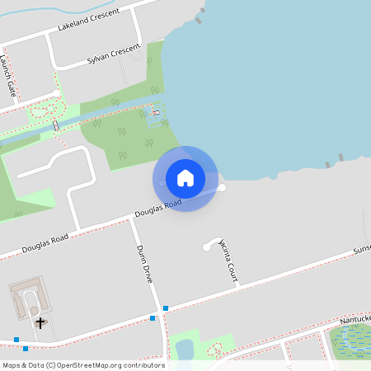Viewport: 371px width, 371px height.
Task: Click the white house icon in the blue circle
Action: click(x=185, y=178)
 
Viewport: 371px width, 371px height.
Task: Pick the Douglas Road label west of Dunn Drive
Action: click(x=45, y=242)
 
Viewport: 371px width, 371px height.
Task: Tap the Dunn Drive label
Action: click(x=143, y=264)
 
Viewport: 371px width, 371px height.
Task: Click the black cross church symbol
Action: click(x=40, y=322)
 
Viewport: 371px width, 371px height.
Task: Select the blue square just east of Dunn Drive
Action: click(x=166, y=308)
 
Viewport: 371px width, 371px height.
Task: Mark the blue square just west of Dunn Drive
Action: click(x=153, y=317)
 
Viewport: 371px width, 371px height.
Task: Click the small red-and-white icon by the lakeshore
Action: click(x=156, y=111)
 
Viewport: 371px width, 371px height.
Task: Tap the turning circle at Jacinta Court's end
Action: click(x=206, y=247)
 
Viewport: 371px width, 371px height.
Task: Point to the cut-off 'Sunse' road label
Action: click(x=363, y=249)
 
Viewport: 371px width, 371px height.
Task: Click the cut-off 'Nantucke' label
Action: click(x=356, y=319)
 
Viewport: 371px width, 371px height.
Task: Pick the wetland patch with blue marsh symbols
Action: click(x=350, y=340)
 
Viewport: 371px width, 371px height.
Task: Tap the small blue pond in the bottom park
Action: click(x=185, y=350)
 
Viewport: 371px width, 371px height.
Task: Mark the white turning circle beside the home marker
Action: click(x=221, y=188)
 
